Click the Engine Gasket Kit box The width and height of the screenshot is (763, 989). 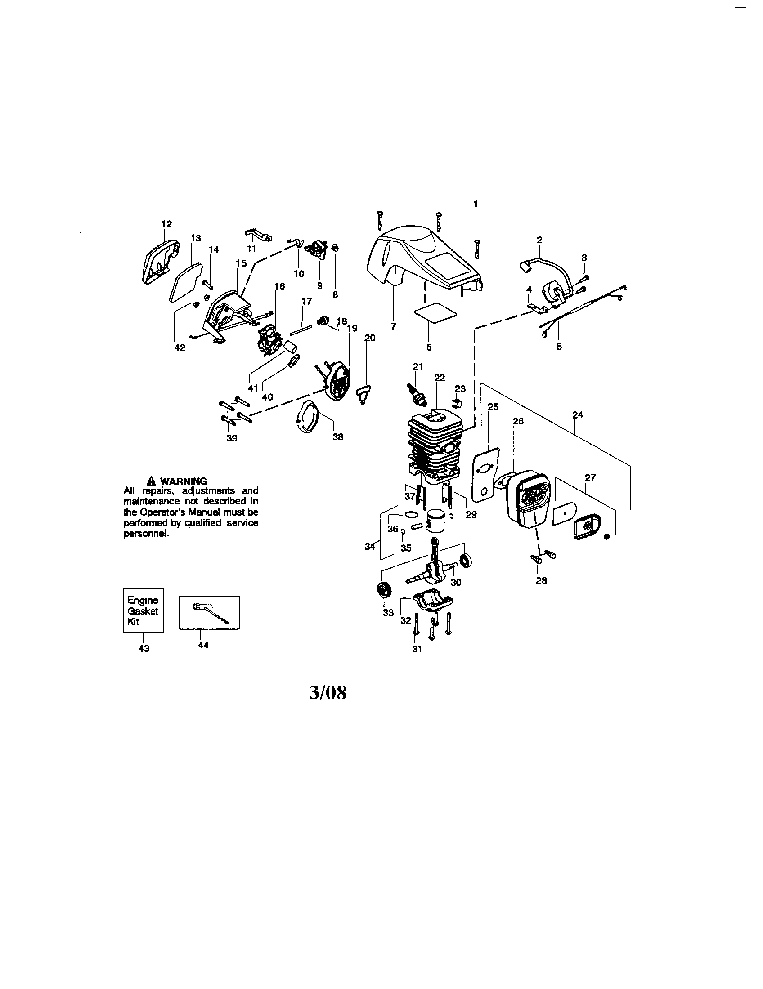pos(143,610)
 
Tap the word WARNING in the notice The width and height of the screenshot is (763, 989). pos(184,481)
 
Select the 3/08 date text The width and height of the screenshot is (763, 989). pos(328,693)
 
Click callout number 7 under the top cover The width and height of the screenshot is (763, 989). pos(393,325)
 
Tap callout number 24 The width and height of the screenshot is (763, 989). pos(577,415)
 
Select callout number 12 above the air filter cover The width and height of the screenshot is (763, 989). pos(167,224)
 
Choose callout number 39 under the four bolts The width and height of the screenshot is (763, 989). pos(232,438)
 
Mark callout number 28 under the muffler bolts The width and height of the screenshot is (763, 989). pos(542,580)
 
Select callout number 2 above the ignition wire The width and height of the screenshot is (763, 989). pos(539,240)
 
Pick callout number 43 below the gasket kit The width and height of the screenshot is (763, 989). pos(144,648)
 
